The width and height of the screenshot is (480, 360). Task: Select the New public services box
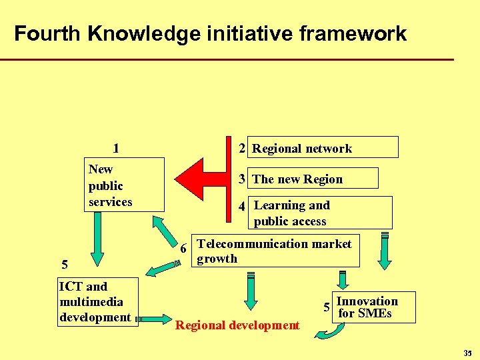tap(124, 185)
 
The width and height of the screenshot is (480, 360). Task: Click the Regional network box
tap(323, 147)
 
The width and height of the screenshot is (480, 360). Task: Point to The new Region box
tap(313, 178)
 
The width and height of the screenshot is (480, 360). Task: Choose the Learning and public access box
tap(320, 213)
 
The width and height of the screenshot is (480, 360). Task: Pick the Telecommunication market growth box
tap(275, 251)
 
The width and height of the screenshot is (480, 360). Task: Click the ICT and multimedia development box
tap(98, 301)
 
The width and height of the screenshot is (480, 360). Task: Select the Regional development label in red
tap(237, 325)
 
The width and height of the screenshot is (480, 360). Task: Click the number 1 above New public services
tap(117, 148)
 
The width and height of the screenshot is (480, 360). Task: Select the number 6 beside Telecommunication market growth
tap(183, 248)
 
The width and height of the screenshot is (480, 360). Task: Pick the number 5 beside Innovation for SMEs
tap(327, 307)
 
